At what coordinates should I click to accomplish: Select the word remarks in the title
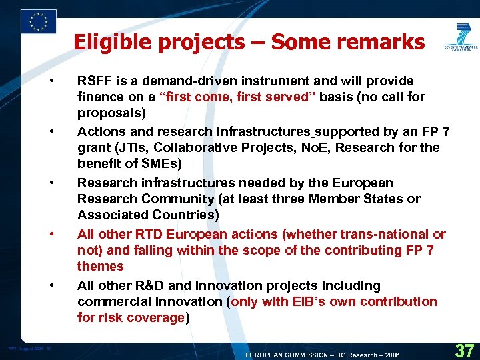pos(385,42)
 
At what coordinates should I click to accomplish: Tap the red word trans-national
pos(385,234)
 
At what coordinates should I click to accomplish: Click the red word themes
pos(100,266)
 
